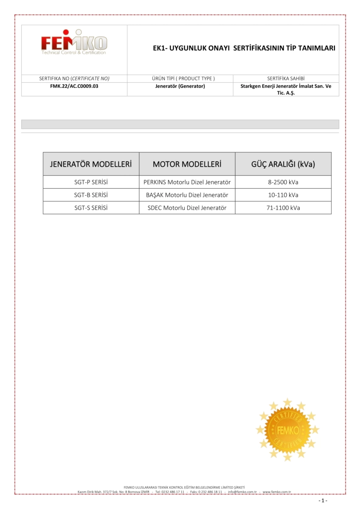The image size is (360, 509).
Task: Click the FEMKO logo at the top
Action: [74, 42]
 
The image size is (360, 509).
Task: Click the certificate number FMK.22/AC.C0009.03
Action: [74, 86]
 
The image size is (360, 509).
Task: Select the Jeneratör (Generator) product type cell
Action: [180, 86]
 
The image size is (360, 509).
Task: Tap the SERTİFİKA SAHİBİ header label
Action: [286, 78]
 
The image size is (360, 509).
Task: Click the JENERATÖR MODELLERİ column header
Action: [91, 164]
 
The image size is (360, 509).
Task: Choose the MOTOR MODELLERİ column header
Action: [187, 164]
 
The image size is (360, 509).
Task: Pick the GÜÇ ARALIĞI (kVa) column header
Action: [283, 164]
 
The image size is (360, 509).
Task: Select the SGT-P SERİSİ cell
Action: [91, 182]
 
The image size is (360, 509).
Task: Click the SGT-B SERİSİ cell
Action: [91, 195]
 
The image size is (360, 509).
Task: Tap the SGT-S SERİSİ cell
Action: [91, 208]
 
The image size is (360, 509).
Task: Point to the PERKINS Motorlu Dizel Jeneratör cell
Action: [187, 182]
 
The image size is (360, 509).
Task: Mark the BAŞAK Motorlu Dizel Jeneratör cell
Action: [187, 195]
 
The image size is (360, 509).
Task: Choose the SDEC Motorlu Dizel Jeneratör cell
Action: [187, 208]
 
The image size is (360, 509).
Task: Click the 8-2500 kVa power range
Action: [283, 182]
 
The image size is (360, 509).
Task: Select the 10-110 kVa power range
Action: [283, 195]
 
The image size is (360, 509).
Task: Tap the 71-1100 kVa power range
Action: [283, 208]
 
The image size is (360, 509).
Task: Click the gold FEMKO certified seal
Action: [287, 430]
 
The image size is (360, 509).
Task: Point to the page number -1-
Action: [323, 501]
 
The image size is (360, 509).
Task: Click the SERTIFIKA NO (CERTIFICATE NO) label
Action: [74, 78]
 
